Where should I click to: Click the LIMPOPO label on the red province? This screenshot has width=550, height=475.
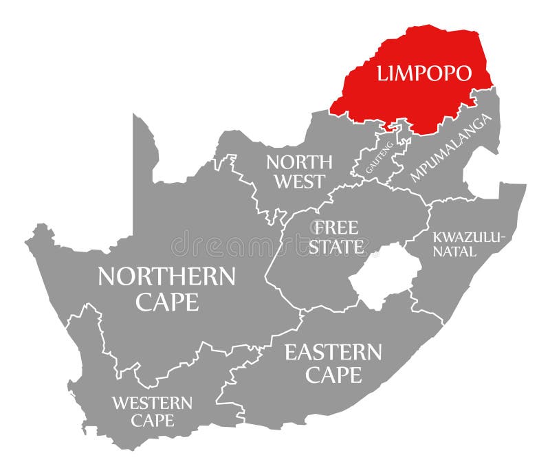point(423,74)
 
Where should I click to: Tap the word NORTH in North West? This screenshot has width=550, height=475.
point(299,162)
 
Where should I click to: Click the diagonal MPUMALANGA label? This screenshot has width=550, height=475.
point(452,148)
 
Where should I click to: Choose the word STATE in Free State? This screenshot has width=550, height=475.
point(336,247)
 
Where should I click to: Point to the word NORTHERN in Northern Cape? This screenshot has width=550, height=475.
point(166,276)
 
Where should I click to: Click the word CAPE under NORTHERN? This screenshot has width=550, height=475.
point(166,301)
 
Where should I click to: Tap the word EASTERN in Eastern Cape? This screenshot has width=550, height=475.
point(333,353)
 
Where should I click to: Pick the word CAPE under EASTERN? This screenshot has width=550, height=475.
point(333,375)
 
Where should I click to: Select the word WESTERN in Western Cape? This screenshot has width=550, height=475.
point(153,402)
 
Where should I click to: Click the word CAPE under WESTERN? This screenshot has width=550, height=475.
point(153,420)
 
